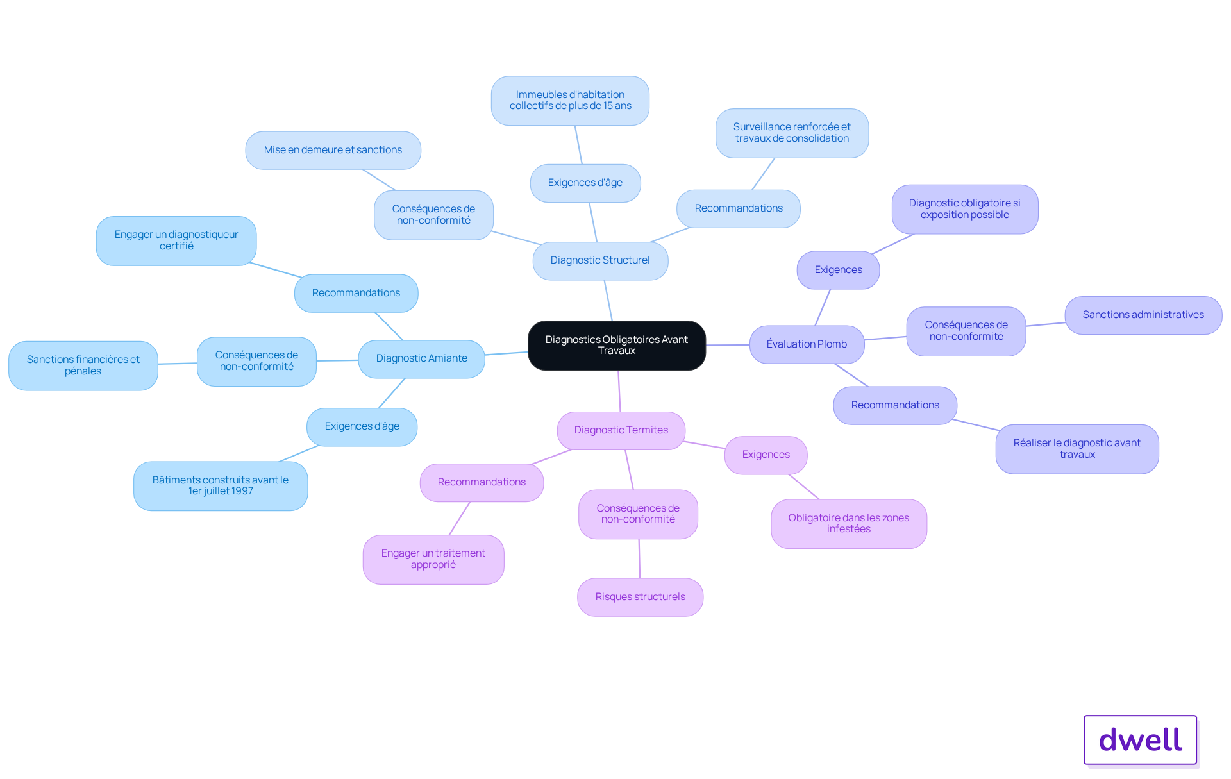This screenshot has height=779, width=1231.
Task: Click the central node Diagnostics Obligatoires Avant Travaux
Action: point(616,345)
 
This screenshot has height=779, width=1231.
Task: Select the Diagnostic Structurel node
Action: point(600,260)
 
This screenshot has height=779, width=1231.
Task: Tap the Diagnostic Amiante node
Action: point(421,358)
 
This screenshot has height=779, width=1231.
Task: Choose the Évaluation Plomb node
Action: point(807,344)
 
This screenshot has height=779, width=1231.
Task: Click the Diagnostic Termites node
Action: point(621,430)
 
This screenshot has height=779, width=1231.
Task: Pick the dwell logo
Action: point(1140,740)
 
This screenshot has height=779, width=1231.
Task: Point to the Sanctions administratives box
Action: point(1143,315)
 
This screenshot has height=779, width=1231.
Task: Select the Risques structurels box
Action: point(640,597)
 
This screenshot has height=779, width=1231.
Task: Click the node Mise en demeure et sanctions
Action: point(333,150)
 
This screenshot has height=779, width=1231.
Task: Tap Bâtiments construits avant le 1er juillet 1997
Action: point(220,485)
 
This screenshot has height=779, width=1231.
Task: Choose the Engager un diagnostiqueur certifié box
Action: point(176,240)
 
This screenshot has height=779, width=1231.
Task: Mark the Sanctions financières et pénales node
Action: point(83,365)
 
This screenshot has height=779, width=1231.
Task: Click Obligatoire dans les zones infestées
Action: point(848,523)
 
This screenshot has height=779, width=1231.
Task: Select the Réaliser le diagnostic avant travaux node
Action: point(1076,449)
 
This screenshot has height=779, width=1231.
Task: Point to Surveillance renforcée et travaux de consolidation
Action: point(792,133)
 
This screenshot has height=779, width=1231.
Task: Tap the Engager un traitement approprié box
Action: point(433,559)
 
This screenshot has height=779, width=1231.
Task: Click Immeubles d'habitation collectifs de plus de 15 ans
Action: point(570,101)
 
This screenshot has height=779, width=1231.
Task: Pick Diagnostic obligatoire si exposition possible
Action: point(964,209)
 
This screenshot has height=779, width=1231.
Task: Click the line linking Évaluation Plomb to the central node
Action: point(728,345)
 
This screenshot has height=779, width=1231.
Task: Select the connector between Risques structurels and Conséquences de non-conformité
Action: point(639,558)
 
